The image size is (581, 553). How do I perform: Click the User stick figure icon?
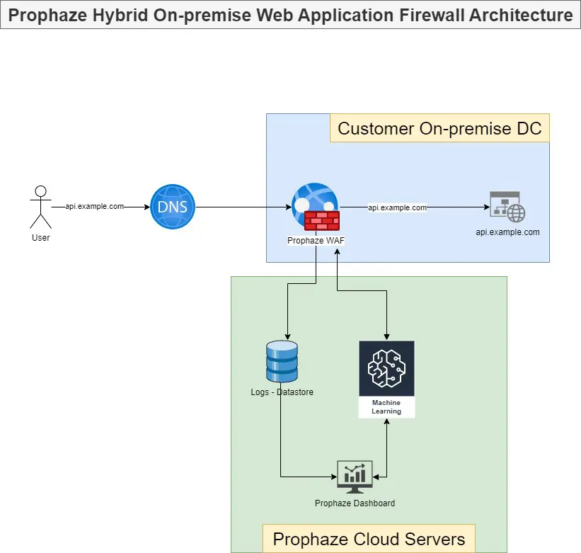coord(41,207)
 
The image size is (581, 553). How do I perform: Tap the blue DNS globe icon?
coord(173,207)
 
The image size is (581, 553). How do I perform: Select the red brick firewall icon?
coord(322,221)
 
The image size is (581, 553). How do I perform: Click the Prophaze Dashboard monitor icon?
coord(355,477)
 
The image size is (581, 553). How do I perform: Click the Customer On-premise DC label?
coord(439,128)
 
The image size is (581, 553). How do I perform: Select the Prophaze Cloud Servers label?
coord(369,538)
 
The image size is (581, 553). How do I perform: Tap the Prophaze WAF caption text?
coord(316,241)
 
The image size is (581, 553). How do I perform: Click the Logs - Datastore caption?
coord(282,392)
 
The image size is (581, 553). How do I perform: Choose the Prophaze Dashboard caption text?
coord(355,503)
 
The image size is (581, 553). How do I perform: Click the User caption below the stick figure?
coord(41,238)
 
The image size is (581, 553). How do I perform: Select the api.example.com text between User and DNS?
coord(94,207)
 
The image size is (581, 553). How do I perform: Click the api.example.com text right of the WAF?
coord(397,207)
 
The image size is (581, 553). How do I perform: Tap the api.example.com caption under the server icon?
coord(507,232)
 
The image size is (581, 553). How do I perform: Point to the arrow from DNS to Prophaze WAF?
coord(241,207)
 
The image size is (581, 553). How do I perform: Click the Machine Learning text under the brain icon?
coord(386,407)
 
